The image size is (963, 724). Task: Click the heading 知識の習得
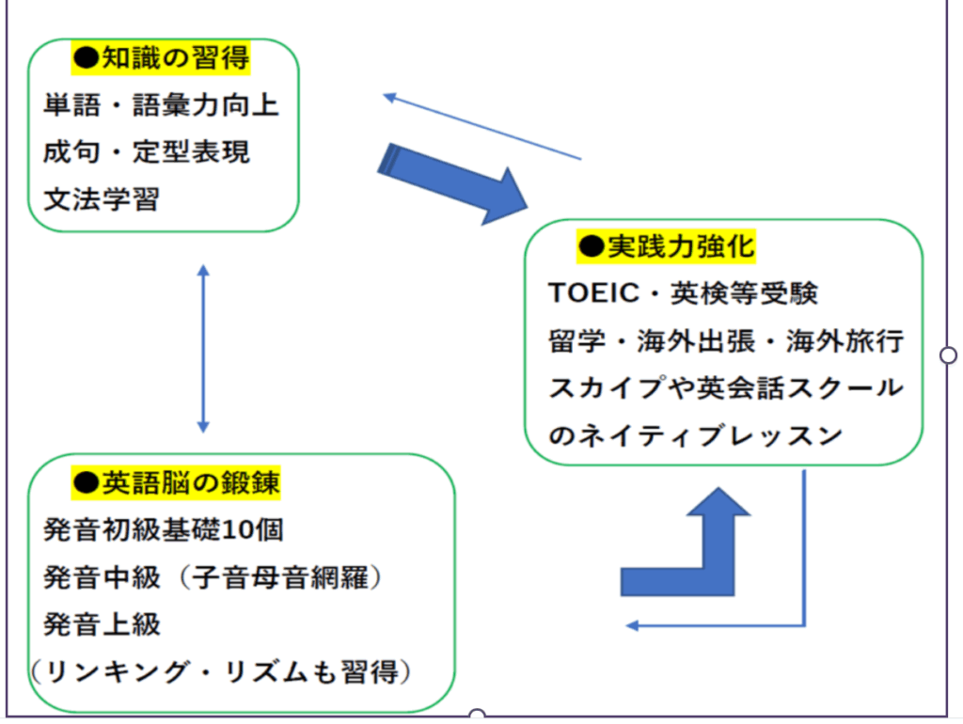pyautogui.click(x=162, y=59)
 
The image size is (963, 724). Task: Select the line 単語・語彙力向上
pyautogui.click(x=162, y=105)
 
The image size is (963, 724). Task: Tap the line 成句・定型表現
pyautogui.click(x=147, y=152)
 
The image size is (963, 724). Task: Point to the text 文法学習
pyautogui.click(x=102, y=199)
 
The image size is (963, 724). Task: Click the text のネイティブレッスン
pyautogui.click(x=695, y=435)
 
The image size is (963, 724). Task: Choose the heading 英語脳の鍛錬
pyautogui.click(x=177, y=482)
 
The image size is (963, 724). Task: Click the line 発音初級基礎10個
pyautogui.click(x=164, y=529)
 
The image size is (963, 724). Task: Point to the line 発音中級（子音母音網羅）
pyautogui.click(x=215, y=576)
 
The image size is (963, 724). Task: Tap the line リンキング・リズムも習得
pyautogui.click(x=222, y=672)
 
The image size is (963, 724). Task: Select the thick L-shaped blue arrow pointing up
pyautogui.click(x=691, y=555)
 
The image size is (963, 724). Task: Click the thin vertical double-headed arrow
pyautogui.click(x=203, y=349)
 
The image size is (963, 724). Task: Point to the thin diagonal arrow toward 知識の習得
pyautogui.click(x=482, y=127)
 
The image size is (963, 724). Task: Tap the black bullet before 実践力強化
pyautogui.click(x=590, y=246)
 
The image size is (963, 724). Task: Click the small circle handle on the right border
pyautogui.click(x=949, y=354)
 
